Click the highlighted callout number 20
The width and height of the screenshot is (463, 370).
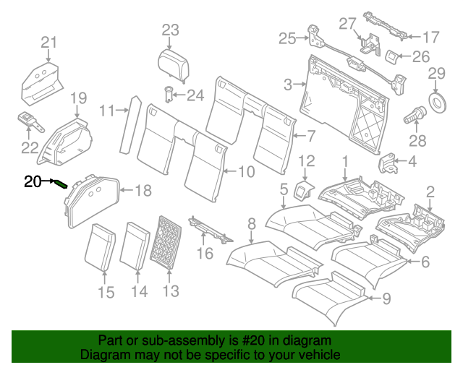click(33, 181)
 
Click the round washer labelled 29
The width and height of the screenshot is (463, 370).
click(437, 101)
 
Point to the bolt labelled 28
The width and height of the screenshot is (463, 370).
click(418, 113)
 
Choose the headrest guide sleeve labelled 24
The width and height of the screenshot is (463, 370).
click(169, 95)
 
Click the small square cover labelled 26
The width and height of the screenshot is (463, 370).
click(390, 56)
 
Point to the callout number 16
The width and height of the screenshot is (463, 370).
click(205, 253)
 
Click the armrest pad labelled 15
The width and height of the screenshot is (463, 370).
click(101, 246)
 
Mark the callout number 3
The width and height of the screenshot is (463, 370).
click(287, 85)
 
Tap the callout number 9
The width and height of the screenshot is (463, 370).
click(385, 297)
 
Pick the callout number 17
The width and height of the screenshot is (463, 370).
click(430, 36)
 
